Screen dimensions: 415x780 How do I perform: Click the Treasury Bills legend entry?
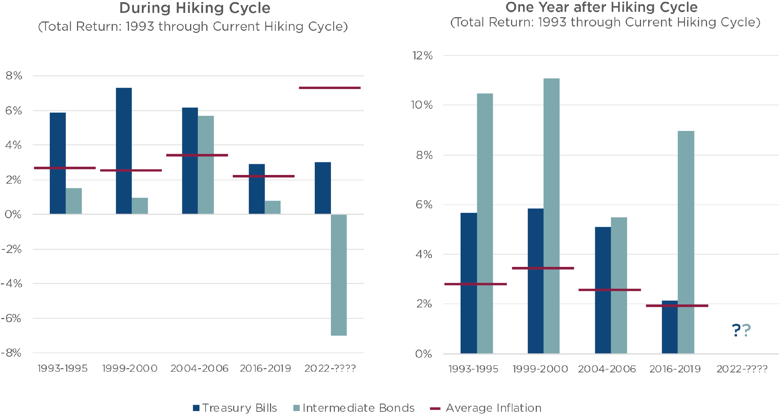point(235,408)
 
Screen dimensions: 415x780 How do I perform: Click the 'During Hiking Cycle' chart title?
point(194,8)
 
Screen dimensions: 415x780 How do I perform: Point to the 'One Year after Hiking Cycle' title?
point(602,7)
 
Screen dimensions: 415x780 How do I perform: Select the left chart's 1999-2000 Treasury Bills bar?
point(124,150)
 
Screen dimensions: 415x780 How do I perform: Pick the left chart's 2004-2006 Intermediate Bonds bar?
point(206,165)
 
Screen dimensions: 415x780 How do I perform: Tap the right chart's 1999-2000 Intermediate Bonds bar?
point(552,215)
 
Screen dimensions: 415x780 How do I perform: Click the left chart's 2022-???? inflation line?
point(329,88)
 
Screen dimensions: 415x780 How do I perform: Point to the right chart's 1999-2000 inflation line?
point(543,268)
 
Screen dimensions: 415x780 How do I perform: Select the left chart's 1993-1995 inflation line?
point(65,168)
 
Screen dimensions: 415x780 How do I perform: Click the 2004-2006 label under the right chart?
point(607,369)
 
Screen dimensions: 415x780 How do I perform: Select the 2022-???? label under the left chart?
point(329,368)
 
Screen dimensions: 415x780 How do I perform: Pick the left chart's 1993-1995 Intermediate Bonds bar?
point(74,201)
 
